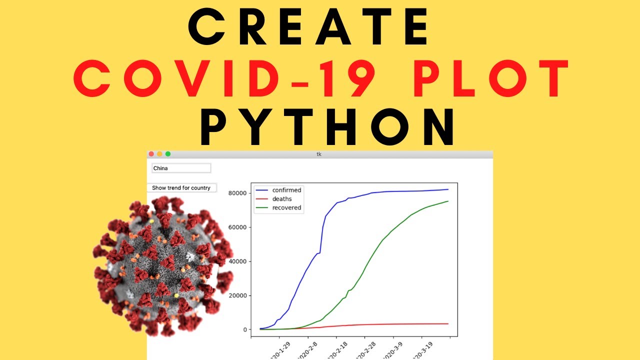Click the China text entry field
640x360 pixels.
point(181,168)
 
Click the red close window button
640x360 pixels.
point(151,154)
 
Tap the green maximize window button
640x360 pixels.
point(168,154)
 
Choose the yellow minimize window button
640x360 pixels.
point(159,154)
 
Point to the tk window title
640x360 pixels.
point(319,154)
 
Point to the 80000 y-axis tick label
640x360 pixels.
point(237,193)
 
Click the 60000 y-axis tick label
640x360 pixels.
point(237,227)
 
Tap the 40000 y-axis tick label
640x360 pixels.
point(237,261)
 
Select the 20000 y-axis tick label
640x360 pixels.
point(237,295)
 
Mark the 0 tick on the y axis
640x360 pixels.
point(245,329)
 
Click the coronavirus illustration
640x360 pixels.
point(162,265)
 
